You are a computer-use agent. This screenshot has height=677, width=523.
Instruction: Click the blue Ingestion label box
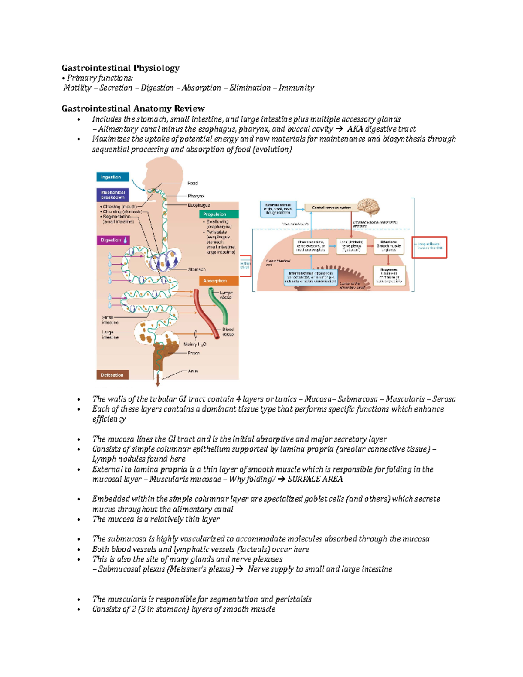tap(112, 177)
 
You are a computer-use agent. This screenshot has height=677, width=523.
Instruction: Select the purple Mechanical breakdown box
tap(112, 195)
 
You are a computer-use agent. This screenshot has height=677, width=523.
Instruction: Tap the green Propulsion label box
tap(219, 214)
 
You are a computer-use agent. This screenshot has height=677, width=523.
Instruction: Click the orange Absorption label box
tap(219, 281)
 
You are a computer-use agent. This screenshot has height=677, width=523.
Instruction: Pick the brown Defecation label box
tap(112, 375)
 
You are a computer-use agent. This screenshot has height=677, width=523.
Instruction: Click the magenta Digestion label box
tap(113, 240)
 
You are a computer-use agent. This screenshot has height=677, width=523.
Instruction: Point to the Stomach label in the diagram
tap(197, 269)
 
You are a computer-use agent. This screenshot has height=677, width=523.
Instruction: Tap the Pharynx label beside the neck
tap(196, 196)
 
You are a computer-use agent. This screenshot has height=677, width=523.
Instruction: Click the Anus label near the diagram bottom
tap(193, 371)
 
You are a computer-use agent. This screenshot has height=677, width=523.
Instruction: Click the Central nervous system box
tap(331, 208)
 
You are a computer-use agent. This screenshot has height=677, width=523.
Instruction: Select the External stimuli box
tap(278, 209)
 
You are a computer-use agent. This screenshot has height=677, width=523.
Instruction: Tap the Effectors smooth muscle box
tap(388, 246)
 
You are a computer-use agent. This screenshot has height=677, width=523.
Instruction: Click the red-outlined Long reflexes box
tap(429, 247)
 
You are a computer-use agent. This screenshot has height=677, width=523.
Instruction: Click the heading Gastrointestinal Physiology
tap(120, 68)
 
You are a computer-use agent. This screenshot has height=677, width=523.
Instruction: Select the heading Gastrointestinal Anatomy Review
tap(133, 109)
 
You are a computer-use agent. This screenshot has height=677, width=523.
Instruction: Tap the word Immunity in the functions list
tap(296, 88)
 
